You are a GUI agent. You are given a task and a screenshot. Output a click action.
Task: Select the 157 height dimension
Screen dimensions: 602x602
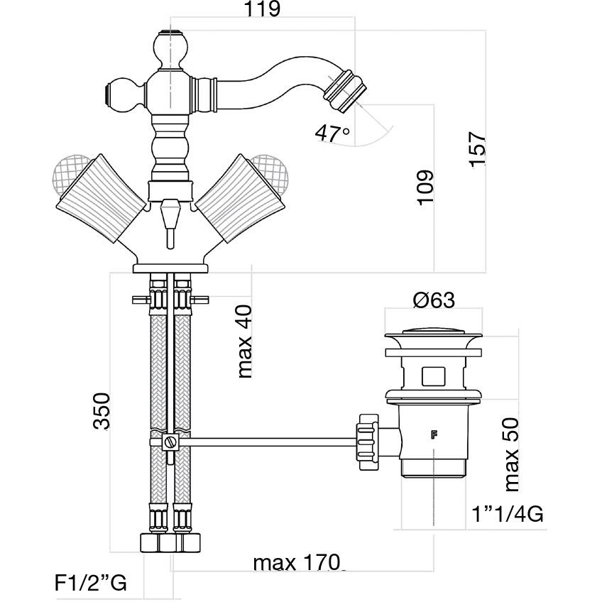(478, 150)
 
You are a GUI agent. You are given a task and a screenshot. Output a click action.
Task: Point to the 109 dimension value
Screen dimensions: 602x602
(424, 187)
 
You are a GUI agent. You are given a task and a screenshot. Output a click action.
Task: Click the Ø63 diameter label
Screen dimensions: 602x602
(433, 300)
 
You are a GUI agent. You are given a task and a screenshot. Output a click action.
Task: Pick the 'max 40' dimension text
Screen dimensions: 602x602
(246, 341)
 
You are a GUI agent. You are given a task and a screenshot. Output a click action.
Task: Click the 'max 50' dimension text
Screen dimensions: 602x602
(513, 455)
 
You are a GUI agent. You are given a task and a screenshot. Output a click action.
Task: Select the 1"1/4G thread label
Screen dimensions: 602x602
(508, 514)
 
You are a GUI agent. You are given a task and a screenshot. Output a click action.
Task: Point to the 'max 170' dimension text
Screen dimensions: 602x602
(297, 564)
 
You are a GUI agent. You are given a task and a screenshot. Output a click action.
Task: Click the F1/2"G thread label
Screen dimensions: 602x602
(90, 584)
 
